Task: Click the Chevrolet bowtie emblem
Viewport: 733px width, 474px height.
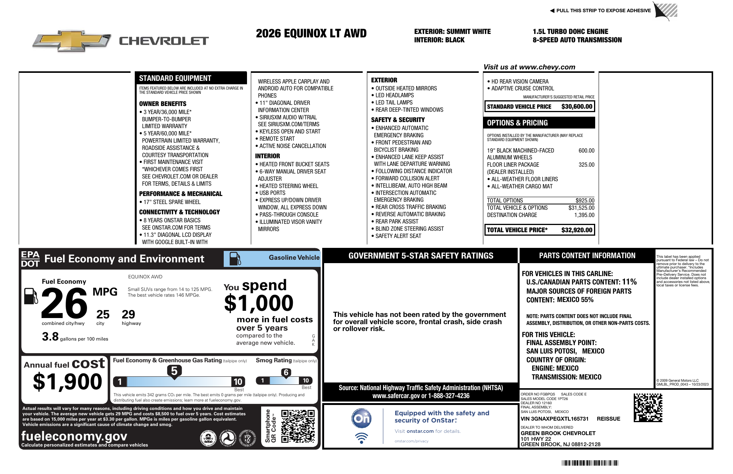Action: (71, 41)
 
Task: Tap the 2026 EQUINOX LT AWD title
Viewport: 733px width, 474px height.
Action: (311, 34)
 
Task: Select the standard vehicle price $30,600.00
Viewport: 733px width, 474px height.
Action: (576, 107)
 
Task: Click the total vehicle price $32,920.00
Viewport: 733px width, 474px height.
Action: (576, 230)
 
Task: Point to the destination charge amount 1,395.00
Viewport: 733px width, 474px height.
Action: (584, 215)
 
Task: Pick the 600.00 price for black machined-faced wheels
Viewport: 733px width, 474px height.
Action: (586, 151)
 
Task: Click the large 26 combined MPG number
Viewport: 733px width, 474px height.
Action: (64, 304)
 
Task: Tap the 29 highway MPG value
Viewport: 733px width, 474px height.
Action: (128, 315)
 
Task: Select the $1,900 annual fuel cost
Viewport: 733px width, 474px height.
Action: (68, 382)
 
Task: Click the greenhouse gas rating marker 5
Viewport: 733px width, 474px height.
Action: (174, 371)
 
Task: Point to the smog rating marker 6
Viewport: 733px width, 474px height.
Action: (286, 373)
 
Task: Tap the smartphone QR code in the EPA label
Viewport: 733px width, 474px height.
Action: (298, 426)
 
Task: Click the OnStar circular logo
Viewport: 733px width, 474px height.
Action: (361, 418)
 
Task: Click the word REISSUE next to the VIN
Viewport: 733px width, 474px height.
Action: (608, 419)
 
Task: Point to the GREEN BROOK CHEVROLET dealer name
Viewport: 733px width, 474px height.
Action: (558, 433)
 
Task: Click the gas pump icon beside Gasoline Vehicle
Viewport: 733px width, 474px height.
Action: (235, 259)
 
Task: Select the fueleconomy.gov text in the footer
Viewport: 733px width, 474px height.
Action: (74, 436)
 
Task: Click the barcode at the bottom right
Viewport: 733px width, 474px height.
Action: (590, 463)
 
